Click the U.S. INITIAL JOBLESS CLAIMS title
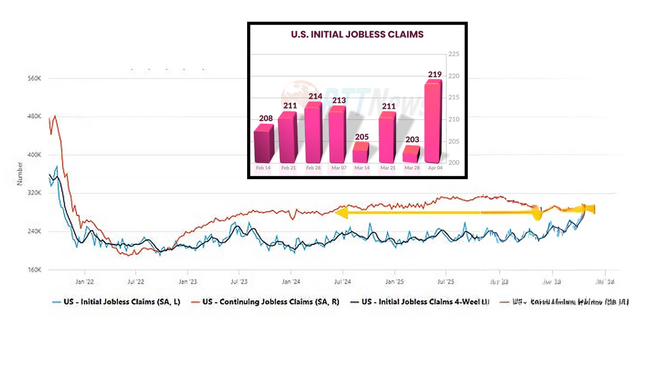(357, 34)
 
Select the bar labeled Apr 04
(433, 123)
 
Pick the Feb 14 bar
(263, 146)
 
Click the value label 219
(435, 74)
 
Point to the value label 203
(412, 140)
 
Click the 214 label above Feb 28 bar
(315, 97)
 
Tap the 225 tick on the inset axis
(454, 54)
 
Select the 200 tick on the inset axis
(454, 163)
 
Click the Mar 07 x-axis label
(339, 168)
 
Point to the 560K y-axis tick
(34, 79)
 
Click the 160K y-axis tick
(34, 270)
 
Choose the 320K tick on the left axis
(34, 193)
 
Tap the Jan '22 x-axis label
(84, 282)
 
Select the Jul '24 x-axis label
(343, 282)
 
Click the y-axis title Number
(20, 174)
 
